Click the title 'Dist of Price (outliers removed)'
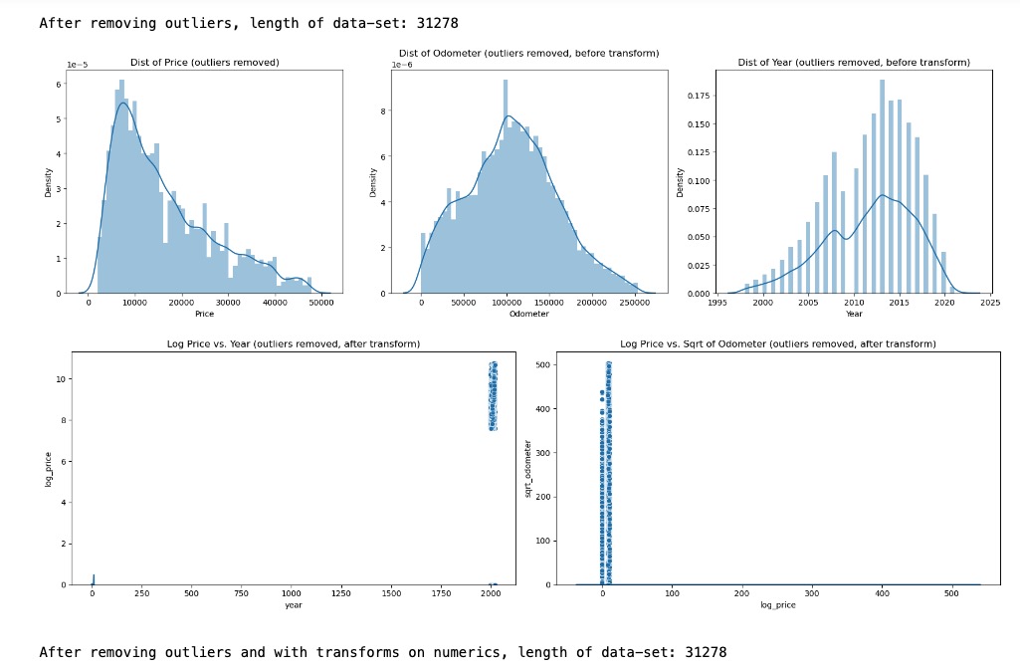pyautogui.click(x=205, y=63)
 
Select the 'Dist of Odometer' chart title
pyautogui.click(x=528, y=53)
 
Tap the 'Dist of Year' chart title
pyautogui.click(x=853, y=63)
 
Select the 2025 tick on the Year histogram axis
pyautogui.click(x=990, y=303)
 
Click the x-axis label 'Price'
pyautogui.click(x=204, y=314)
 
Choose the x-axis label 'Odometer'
pyautogui.click(x=528, y=314)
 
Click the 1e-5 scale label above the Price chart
pyautogui.click(x=78, y=64)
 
